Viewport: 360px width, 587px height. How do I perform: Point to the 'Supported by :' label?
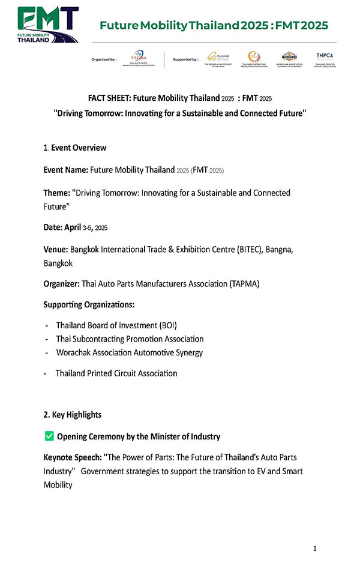(x=184, y=60)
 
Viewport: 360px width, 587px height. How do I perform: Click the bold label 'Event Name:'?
(x=65, y=170)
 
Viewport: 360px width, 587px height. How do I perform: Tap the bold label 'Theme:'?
(x=56, y=193)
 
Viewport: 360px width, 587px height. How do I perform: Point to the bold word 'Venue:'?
(x=56, y=251)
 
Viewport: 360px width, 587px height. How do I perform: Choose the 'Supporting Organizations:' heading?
(x=89, y=305)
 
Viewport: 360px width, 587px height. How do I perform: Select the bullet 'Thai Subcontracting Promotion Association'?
(x=130, y=339)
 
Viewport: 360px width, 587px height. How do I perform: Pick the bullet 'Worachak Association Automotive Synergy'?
(x=130, y=353)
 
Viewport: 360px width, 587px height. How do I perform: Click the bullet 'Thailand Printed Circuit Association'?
(x=116, y=373)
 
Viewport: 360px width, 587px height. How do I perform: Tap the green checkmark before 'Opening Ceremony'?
(x=49, y=436)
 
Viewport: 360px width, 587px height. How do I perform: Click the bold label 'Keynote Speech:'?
(x=71, y=457)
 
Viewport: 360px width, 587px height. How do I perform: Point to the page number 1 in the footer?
(x=315, y=549)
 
